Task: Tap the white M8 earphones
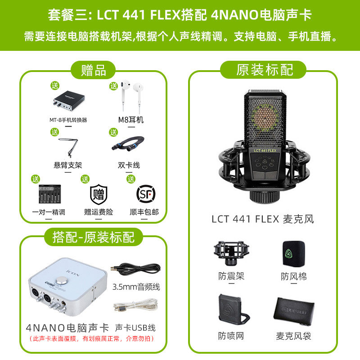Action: click(132, 95)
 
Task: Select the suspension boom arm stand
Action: click(69, 148)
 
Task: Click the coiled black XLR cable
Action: click(128, 144)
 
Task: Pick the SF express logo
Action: click(146, 194)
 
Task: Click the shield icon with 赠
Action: click(99, 194)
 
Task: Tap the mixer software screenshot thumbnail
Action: click(50, 194)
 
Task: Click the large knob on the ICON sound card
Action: click(61, 280)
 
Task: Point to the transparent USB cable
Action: click(136, 305)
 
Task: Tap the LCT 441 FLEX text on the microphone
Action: click(265, 151)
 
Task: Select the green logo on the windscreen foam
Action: click(288, 254)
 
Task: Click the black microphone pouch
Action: click(294, 311)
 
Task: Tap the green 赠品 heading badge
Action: click(93, 70)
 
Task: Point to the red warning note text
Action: click(92, 339)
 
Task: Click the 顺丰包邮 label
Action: click(144, 212)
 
